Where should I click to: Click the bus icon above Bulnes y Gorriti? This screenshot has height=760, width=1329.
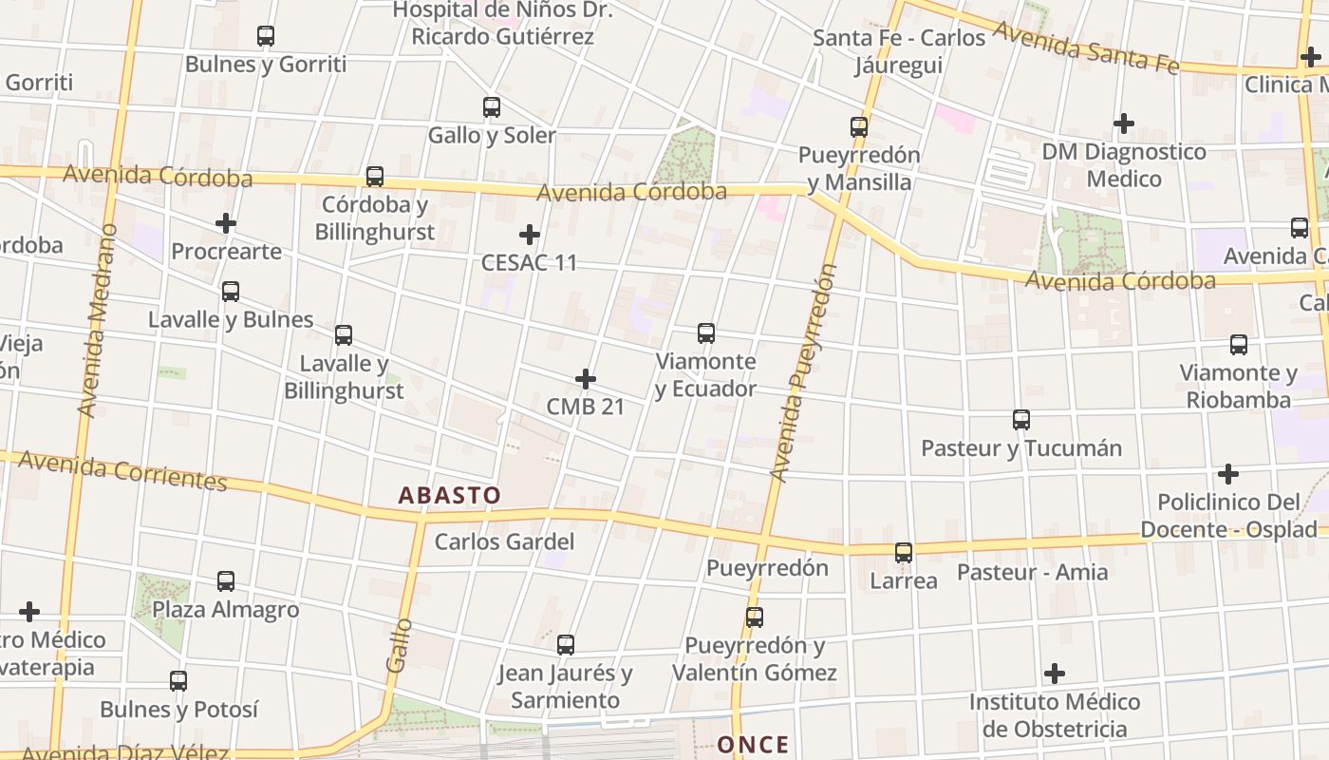(266, 36)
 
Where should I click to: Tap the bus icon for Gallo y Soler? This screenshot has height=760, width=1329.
(491, 107)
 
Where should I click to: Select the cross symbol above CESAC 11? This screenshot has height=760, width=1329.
(530, 235)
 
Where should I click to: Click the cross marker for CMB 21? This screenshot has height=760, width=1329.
(586, 380)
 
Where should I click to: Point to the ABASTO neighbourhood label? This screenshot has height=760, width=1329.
(449, 495)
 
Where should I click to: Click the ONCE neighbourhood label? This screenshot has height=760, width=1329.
(753, 744)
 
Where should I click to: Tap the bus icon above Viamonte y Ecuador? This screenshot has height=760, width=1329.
(706, 333)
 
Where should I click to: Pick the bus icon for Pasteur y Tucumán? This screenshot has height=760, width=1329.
(1021, 420)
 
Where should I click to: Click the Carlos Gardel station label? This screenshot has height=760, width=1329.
(504, 541)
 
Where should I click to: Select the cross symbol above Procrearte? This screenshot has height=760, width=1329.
(226, 224)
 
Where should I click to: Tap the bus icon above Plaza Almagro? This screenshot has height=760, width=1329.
(226, 581)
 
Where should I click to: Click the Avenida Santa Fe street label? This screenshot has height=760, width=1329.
(1086, 47)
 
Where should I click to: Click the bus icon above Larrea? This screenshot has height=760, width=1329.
(904, 553)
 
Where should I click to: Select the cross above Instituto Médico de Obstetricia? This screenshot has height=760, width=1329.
(1055, 674)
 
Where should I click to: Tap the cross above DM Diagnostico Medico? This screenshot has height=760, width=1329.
(1124, 123)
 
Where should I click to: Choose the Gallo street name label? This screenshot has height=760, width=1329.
(400, 645)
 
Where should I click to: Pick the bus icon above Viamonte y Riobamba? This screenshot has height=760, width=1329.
(1239, 345)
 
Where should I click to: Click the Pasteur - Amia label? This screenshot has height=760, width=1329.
(1032, 572)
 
